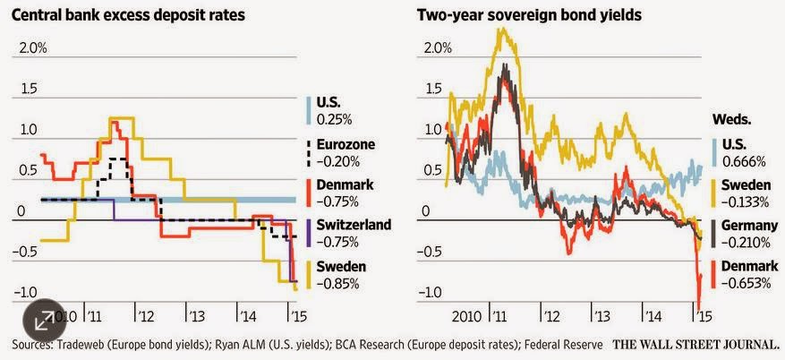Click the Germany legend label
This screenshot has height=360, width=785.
click(x=738, y=224)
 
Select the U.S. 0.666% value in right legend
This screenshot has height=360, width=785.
click(x=735, y=161)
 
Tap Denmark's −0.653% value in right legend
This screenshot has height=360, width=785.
click(x=738, y=283)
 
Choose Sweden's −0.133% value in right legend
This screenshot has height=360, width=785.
click(x=738, y=201)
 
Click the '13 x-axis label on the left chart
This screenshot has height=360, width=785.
click(x=195, y=316)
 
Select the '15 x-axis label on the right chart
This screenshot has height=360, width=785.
click(x=705, y=316)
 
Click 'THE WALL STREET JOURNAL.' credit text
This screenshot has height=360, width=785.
click(x=696, y=343)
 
